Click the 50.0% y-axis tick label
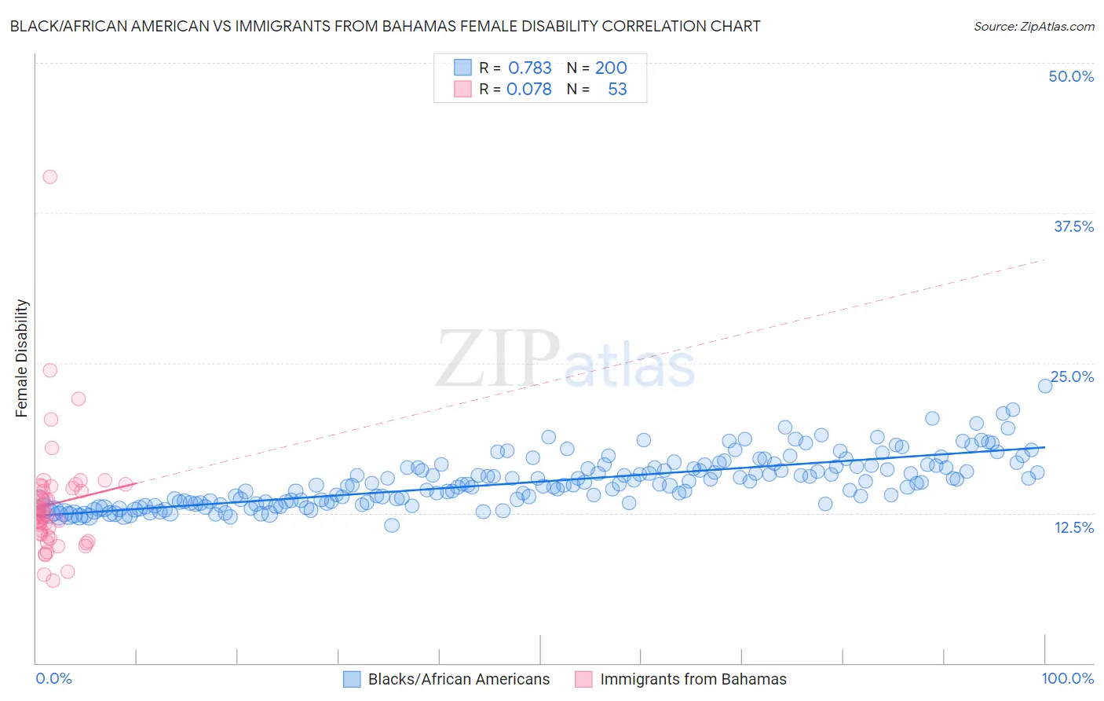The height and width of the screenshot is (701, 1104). pos(1071,76)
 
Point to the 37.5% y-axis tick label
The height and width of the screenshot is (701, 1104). pos(1073,226)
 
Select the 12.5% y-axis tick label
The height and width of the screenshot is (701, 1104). pos(1073,527)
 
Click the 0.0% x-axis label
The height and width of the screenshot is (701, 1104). pos(53,678)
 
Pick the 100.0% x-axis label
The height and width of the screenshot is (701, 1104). pos(1067,678)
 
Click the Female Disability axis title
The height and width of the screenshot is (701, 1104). pos(22,358)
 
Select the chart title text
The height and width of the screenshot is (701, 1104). pos(385,26)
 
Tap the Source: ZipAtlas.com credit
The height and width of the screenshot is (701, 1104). pos(1033,26)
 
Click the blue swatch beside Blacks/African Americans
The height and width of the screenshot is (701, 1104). pos(352,679)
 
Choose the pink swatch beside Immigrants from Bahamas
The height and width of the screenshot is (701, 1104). pos(583,679)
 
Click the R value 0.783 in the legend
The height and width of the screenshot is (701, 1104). pos(529,68)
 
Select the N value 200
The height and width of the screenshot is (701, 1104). pos(610,68)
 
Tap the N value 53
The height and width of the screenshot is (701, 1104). pos(617,89)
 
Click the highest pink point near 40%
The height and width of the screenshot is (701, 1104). pos(50,177)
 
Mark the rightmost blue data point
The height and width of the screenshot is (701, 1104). pos(1045,386)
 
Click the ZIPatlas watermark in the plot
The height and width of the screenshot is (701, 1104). pos(565,360)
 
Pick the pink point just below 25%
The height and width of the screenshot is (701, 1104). pos(50,370)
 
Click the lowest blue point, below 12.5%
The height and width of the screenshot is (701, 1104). pos(392,525)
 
